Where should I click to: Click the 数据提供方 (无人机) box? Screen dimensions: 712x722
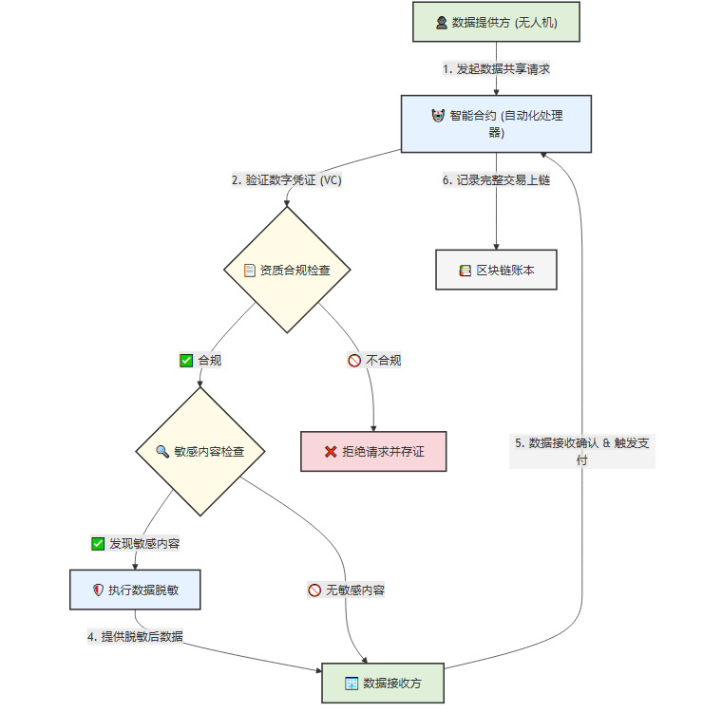coord(496,23)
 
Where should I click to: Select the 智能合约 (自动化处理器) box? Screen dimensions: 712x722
coord(496,123)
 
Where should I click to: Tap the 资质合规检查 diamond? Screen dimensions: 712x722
coord(287,270)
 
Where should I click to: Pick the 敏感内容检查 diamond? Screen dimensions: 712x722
coord(199,451)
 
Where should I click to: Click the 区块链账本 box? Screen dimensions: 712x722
coord(496,270)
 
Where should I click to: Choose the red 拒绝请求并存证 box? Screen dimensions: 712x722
coord(373,451)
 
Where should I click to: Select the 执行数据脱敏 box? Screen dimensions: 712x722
coord(136,590)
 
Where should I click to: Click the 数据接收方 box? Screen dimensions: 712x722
coord(383,683)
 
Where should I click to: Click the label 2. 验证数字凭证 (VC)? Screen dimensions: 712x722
coord(287,180)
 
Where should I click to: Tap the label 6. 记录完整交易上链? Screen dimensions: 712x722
coord(496,180)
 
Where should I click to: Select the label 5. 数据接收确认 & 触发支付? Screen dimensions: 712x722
coord(581,451)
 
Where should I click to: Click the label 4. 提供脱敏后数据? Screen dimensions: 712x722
coord(134,637)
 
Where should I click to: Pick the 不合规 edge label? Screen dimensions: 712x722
coord(374,361)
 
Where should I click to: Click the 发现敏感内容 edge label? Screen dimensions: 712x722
coord(136,544)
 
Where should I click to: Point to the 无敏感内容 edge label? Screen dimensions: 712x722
coord(346,590)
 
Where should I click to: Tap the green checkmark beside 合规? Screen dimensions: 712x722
coord(186,361)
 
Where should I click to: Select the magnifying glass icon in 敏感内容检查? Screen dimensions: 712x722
coord(161,451)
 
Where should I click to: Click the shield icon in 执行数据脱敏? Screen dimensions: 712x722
coord(97,590)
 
